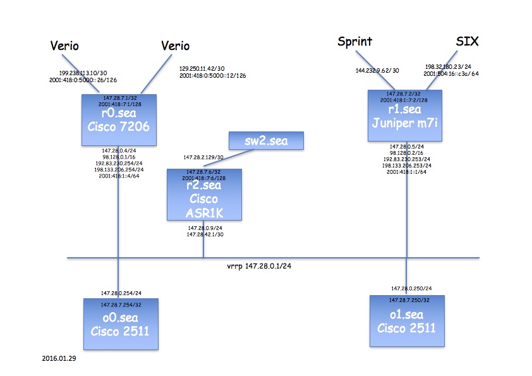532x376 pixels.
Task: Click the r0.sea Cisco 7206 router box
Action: pos(118,119)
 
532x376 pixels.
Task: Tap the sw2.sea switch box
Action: pos(265,141)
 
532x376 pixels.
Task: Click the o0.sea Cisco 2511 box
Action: pos(118,324)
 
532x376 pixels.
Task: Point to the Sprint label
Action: pos(354,42)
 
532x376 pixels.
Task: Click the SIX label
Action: pos(468,42)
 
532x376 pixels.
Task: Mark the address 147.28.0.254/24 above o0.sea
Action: pos(121,293)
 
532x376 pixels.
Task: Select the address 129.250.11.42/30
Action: pos(207,68)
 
